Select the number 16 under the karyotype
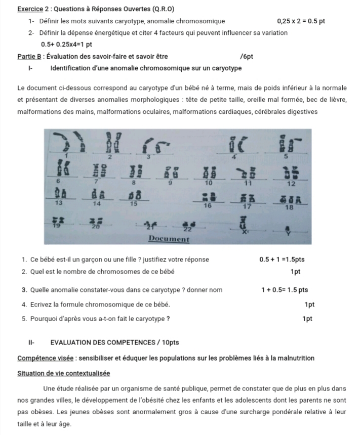pos(207,206)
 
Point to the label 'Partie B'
pos(29,56)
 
